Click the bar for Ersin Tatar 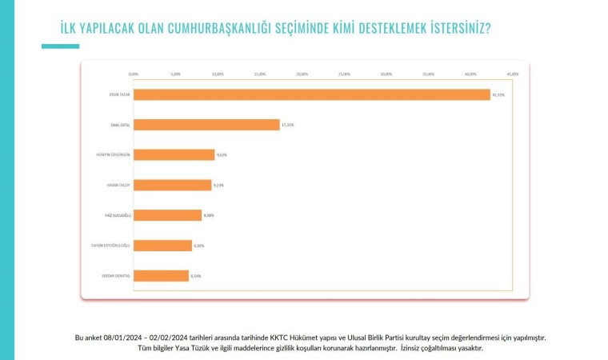click(x=311, y=94)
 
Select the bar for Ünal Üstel click(x=206, y=125)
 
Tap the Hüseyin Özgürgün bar click(x=174, y=154)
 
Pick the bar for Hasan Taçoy click(x=172, y=185)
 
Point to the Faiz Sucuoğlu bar click(x=167, y=215)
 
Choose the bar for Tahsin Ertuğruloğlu click(x=162, y=245)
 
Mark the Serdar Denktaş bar click(x=161, y=275)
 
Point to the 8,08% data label click(x=210, y=215)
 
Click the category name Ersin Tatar click(x=119, y=94)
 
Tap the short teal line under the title click(x=60, y=46)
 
